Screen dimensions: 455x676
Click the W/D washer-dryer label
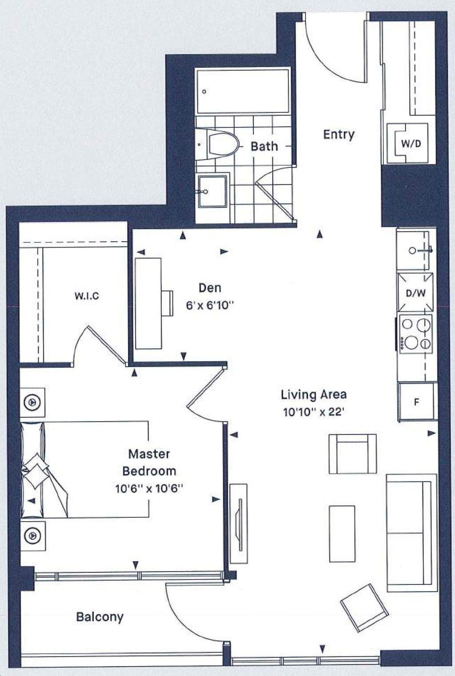411,144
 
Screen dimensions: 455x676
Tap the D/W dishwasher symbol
415,292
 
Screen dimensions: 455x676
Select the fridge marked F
418,402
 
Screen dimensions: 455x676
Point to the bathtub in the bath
243,91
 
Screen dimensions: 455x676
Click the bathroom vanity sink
212,192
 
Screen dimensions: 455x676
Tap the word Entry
339,135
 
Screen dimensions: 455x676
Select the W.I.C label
87,296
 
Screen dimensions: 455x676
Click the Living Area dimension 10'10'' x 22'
314,412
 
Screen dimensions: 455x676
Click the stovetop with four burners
416,334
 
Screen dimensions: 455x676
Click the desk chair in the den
168,303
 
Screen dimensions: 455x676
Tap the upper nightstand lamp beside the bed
32,402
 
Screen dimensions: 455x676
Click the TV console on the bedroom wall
238,523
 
